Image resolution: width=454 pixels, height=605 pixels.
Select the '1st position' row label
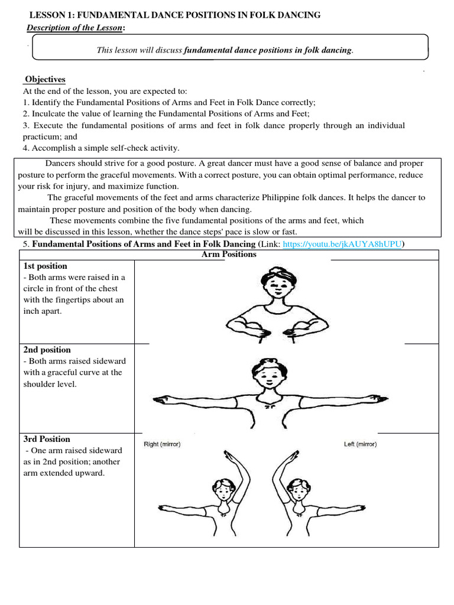click(x=46, y=266)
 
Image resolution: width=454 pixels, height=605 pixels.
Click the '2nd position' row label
click(x=47, y=350)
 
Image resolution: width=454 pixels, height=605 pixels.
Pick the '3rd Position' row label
click(x=47, y=439)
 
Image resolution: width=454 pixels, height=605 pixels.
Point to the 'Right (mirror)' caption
click(x=162, y=444)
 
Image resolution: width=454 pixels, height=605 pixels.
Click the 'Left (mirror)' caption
click(x=360, y=444)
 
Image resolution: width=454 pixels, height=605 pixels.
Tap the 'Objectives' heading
click(x=45, y=79)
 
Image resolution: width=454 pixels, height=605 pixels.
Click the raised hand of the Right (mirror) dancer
click(x=228, y=455)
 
